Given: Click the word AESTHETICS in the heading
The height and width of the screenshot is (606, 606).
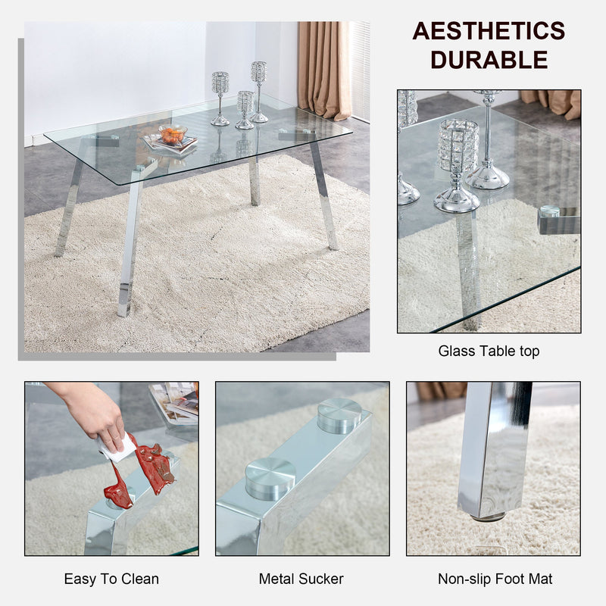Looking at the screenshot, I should tap(489, 31).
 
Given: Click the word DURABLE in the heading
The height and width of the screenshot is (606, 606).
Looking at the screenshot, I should tap(489, 59).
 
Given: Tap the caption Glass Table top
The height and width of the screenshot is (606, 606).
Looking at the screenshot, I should tap(489, 351).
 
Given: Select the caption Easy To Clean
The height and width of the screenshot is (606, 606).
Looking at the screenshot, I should tap(111, 579).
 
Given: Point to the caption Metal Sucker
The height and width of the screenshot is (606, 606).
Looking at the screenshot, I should tap(301, 579).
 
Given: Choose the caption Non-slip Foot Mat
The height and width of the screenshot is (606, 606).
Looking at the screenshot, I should tap(495, 579).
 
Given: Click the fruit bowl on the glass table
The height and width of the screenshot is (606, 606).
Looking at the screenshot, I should tap(173, 135).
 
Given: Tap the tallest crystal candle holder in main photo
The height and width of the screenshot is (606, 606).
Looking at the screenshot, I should tap(259, 91).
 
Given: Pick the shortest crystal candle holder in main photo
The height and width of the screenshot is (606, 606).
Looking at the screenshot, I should tap(245, 109).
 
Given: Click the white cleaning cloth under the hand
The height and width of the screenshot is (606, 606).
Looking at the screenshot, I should tap(115, 448).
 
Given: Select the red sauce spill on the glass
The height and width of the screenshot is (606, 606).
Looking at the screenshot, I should tap(144, 470).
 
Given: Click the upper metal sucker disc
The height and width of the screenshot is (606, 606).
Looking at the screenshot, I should tap(339, 415).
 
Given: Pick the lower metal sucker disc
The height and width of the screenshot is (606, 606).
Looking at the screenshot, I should tap(270, 479).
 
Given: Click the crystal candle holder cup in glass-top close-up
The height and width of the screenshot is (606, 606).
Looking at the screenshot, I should tap(458, 145).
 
